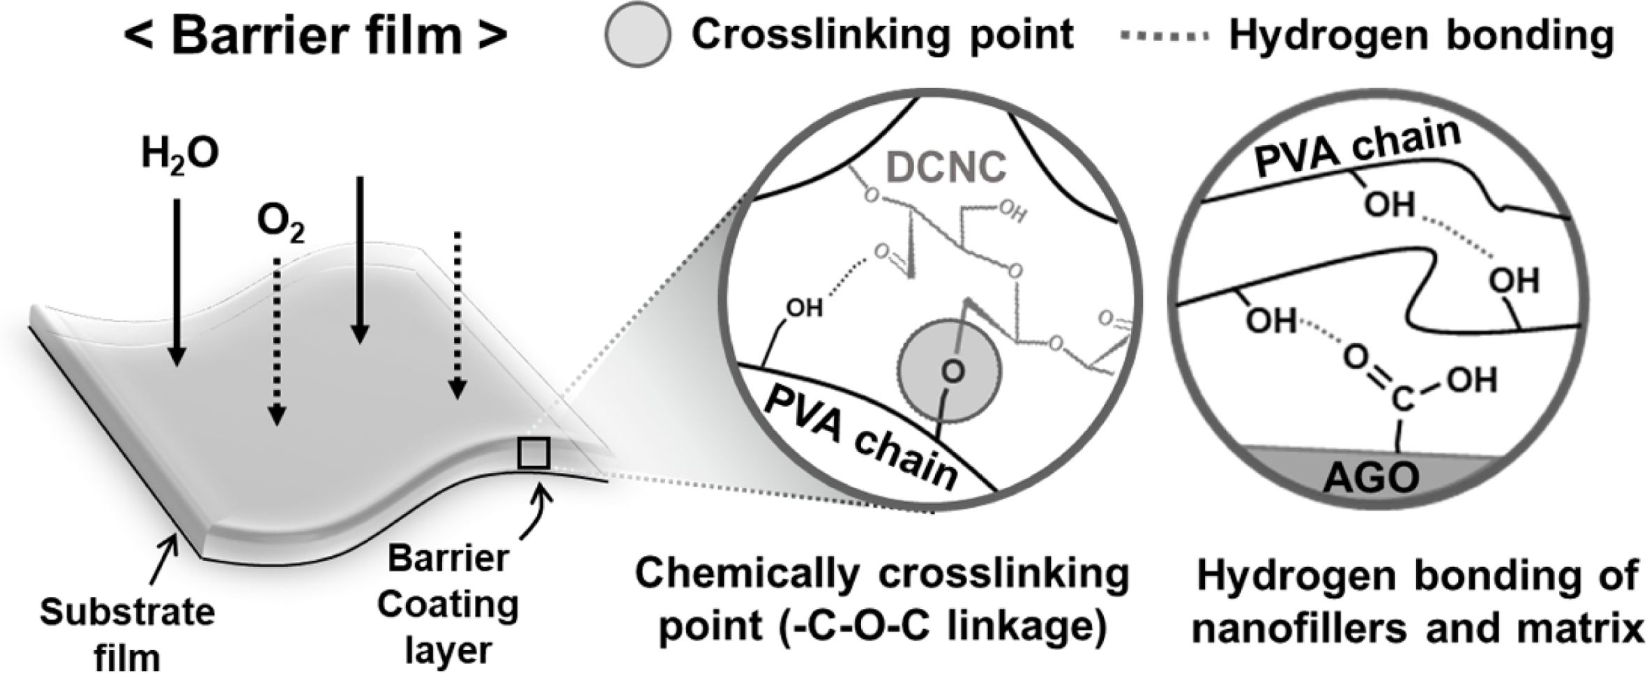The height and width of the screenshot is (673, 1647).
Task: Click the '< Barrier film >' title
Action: [x=315, y=35]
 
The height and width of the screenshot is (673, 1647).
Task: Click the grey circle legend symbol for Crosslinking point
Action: [x=638, y=35]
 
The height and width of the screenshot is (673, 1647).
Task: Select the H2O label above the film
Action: [x=180, y=155]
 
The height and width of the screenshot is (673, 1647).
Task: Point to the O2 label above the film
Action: [x=280, y=225]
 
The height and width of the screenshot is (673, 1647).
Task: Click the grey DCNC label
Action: [x=946, y=167]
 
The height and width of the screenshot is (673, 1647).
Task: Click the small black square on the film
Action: [x=534, y=454]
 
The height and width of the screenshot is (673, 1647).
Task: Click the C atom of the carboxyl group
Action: [x=1400, y=399]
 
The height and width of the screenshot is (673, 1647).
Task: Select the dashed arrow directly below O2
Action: [x=278, y=342]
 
